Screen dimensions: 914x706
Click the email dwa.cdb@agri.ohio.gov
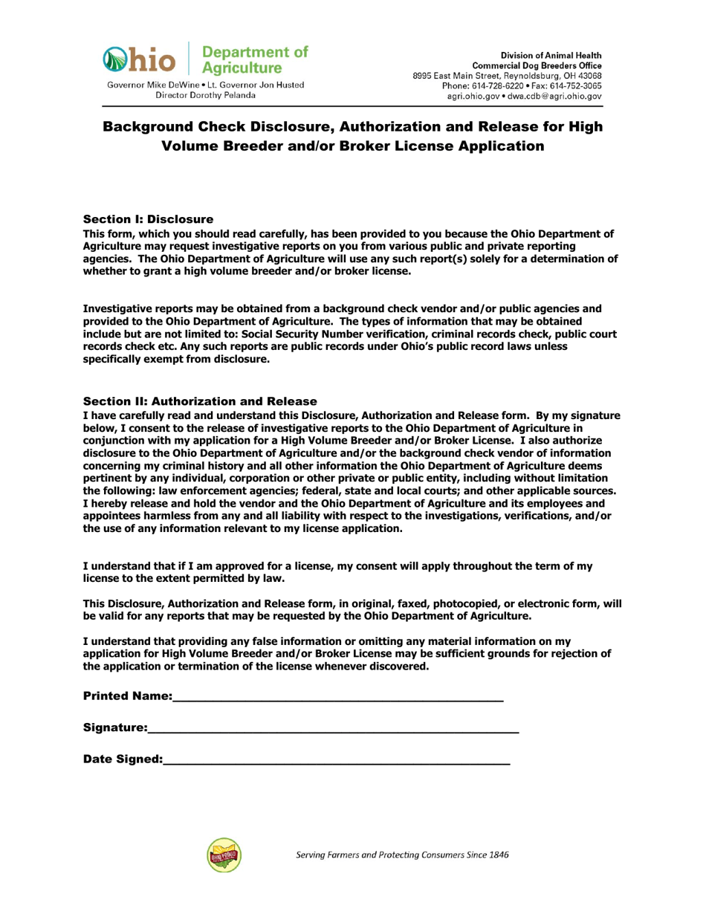569,97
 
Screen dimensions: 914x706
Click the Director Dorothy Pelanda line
205,96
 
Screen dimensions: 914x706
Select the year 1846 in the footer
496,855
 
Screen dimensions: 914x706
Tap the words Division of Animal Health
557,56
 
